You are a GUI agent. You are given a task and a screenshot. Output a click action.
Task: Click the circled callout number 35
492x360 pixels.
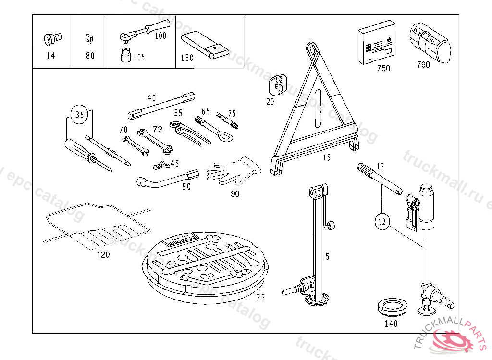click(x=80, y=115)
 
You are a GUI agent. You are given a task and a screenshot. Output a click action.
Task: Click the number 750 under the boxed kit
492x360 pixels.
click(x=383, y=68)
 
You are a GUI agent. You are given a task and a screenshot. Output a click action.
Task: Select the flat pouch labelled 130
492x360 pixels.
click(x=205, y=45)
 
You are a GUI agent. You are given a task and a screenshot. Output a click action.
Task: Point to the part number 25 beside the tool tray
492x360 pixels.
click(x=260, y=298)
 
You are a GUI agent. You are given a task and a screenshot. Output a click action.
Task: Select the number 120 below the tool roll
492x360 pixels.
click(x=103, y=254)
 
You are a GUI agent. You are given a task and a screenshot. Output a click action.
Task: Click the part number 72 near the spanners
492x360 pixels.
click(x=158, y=129)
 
